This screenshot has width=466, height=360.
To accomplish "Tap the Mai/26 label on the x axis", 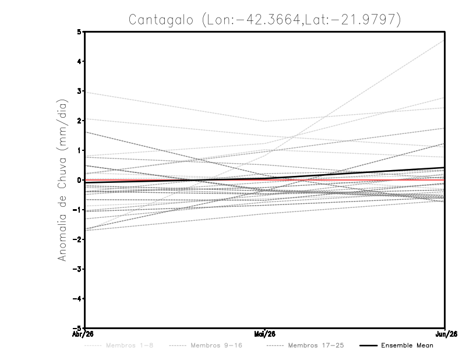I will pos(265,334).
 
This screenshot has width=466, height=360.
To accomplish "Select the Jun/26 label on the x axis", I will pos(445,334).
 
